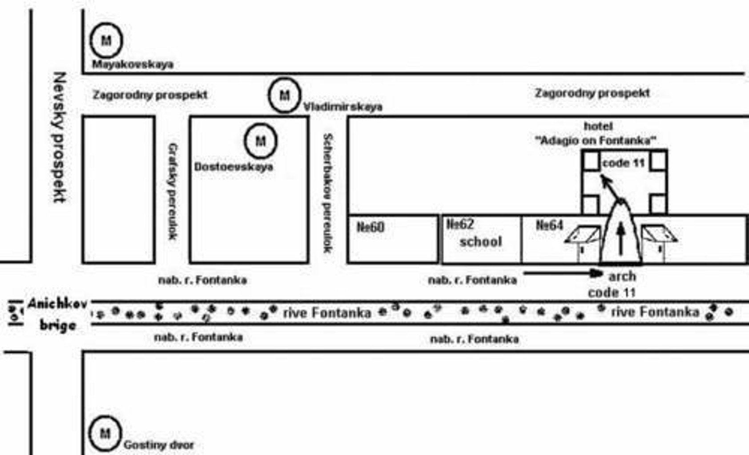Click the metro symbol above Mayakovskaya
[x=106, y=40]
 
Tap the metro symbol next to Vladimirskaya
[x=284, y=95]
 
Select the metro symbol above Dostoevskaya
[x=261, y=141]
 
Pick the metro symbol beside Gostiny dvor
[x=105, y=433]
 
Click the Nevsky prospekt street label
[x=59, y=137]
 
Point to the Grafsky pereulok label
[x=173, y=191]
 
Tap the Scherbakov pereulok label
[x=327, y=193]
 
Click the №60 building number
[x=370, y=227]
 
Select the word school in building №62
[x=480, y=242]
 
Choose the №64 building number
[x=549, y=225]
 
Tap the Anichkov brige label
[x=57, y=315]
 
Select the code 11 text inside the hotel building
[x=623, y=163]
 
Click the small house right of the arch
[x=659, y=242]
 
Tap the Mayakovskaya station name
[x=133, y=64]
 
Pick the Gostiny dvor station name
[x=158, y=445]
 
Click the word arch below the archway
[x=622, y=276]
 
